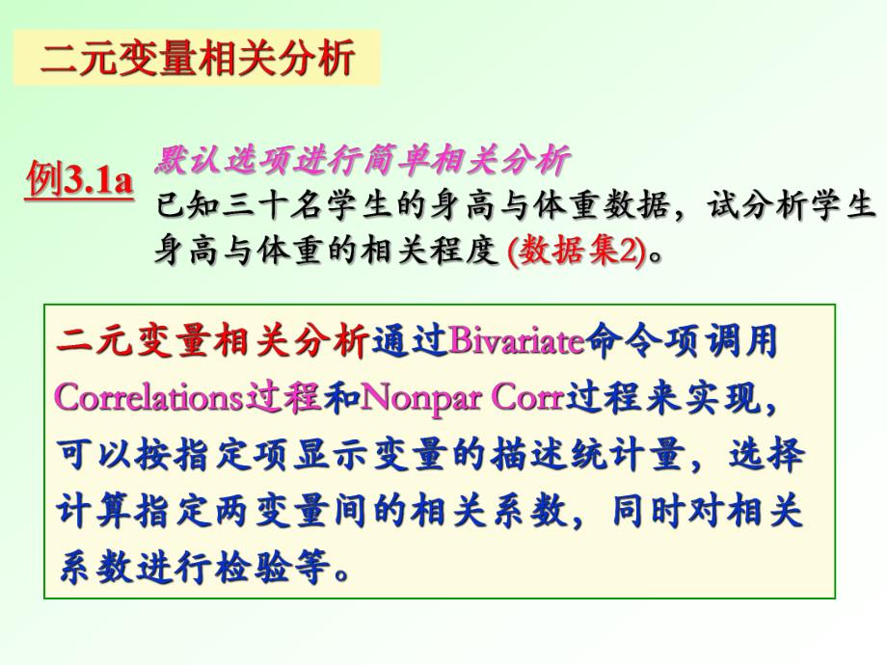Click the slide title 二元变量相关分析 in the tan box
(197, 58)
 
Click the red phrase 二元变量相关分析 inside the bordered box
(213, 342)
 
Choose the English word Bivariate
(517, 342)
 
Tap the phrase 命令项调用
(681, 342)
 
